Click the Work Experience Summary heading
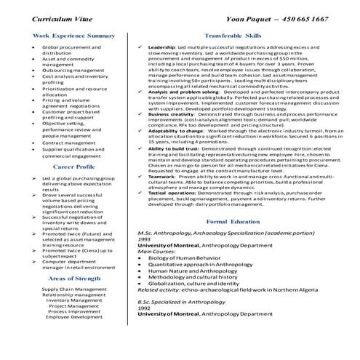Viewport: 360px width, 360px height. [73, 35]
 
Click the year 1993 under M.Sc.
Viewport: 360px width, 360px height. [145, 239]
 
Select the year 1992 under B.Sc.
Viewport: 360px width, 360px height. [145, 327]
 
